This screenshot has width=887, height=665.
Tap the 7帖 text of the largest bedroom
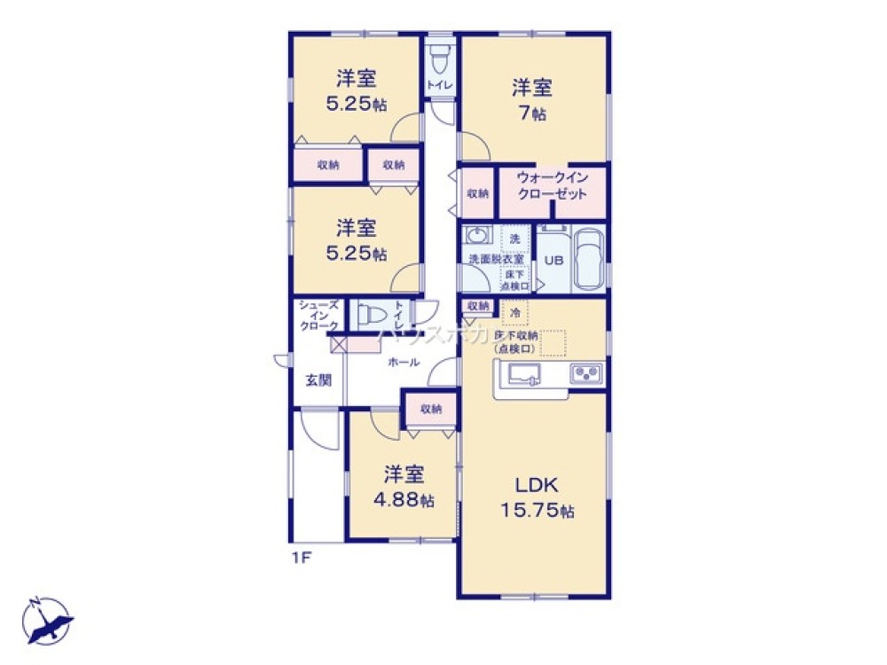[x=532, y=113]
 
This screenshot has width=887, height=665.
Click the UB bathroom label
[x=553, y=261]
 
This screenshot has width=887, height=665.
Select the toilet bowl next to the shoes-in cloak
[x=369, y=314]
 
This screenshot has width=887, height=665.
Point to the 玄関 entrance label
[x=318, y=380]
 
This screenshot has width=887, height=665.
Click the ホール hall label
[x=404, y=362]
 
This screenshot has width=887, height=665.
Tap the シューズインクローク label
[x=318, y=316]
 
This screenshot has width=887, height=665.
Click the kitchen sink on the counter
[x=525, y=374]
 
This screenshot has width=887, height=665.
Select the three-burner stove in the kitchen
[x=586, y=374]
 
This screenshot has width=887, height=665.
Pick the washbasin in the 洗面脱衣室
[x=479, y=238]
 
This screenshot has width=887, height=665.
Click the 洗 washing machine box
[x=514, y=238]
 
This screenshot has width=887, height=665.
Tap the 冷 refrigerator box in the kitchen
[x=514, y=312]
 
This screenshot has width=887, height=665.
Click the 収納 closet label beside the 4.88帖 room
[x=431, y=409]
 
